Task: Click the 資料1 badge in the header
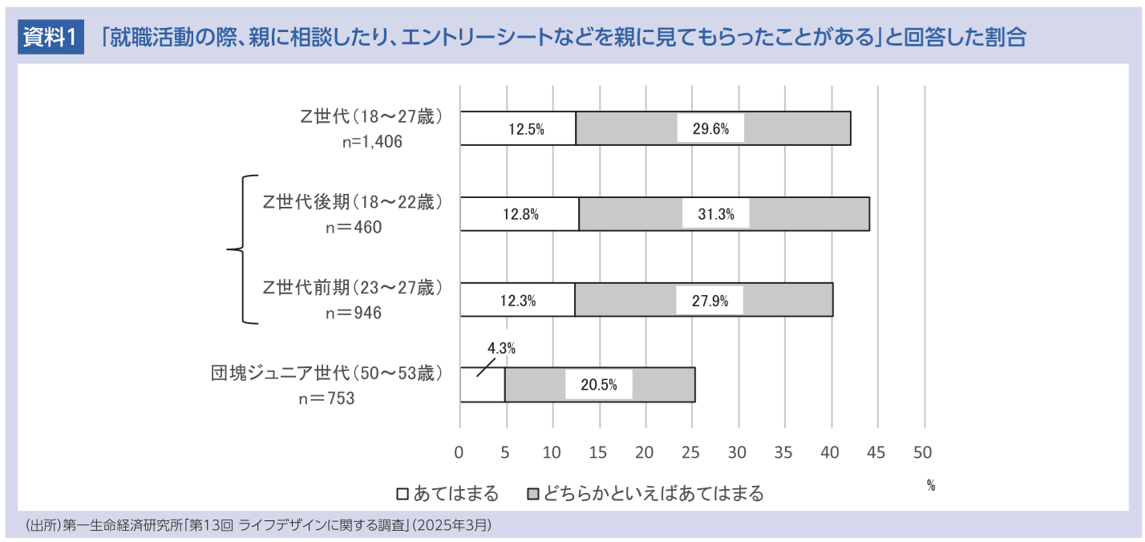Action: pyautogui.click(x=50, y=37)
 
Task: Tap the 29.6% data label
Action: pyautogui.click(x=710, y=130)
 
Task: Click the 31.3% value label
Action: pyautogui.click(x=715, y=215)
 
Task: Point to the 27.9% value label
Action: pyautogui.click(x=710, y=301)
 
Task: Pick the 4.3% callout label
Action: pyautogui.click(x=501, y=349)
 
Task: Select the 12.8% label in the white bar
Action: pyautogui.click(x=520, y=215)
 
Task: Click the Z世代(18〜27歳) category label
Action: pyautogui.click(x=371, y=116)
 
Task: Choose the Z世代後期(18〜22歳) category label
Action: pyautogui.click(x=353, y=202)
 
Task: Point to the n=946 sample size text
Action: pyautogui.click(x=354, y=313)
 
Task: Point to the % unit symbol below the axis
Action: pyautogui.click(x=931, y=485)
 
